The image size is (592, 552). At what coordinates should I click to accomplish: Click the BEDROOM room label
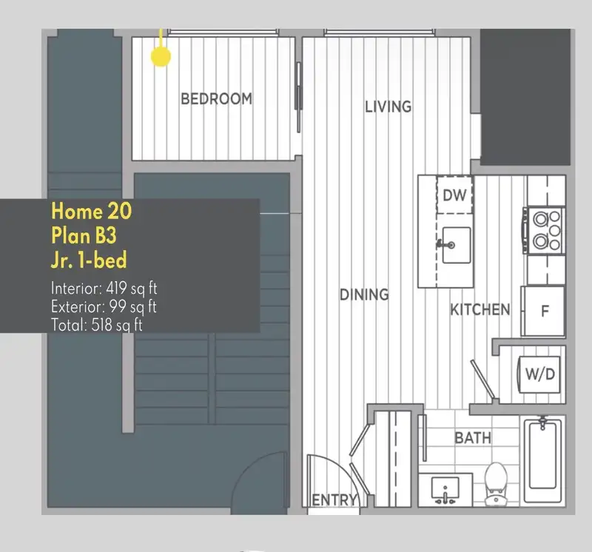pos(216,99)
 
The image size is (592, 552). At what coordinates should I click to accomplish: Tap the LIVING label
pos(388,107)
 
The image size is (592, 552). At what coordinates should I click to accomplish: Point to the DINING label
pos(364,294)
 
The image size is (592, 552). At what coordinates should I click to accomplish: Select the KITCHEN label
pos(480,309)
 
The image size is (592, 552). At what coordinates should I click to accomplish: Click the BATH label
pos(473,438)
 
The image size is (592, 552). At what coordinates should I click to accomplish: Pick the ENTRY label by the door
pos(334,500)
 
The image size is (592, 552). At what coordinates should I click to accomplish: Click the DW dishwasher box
pos(454,195)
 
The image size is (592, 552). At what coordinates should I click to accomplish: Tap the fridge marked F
pos(543,311)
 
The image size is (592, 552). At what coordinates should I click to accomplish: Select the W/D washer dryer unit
pos(539,374)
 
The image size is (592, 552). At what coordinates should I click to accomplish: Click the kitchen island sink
pos(456,245)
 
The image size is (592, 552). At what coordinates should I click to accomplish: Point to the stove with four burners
pos(544,230)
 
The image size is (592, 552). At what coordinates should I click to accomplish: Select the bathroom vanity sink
pos(445,490)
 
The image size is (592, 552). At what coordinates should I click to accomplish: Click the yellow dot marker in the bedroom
pos(161,57)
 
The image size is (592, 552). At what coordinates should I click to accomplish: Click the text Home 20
pos(92,211)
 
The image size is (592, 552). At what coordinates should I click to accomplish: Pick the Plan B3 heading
pos(84,235)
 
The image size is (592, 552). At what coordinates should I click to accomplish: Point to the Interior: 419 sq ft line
pos(104,289)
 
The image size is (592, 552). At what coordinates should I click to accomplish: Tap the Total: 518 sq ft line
pos(97,325)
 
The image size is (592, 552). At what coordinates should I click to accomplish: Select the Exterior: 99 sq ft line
pos(104,306)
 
